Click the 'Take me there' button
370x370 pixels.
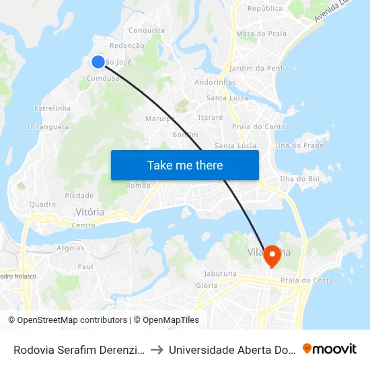[184, 165]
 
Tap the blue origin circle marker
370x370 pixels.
[98, 62]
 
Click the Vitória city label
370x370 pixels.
[90, 212]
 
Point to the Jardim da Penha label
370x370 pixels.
[259, 68]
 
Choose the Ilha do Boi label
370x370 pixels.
[299, 178]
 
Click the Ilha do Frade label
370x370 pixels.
[299, 145]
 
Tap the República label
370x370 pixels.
[265, 9]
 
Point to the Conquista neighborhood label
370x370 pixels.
[146, 30]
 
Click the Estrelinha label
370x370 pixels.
[52, 108]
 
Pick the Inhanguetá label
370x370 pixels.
[48, 126]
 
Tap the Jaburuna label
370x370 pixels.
[220, 274]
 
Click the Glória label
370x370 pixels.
[207, 285]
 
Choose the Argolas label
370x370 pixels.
[71, 248]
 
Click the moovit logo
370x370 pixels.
[329, 348]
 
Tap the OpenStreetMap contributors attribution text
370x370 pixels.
[67, 320]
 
